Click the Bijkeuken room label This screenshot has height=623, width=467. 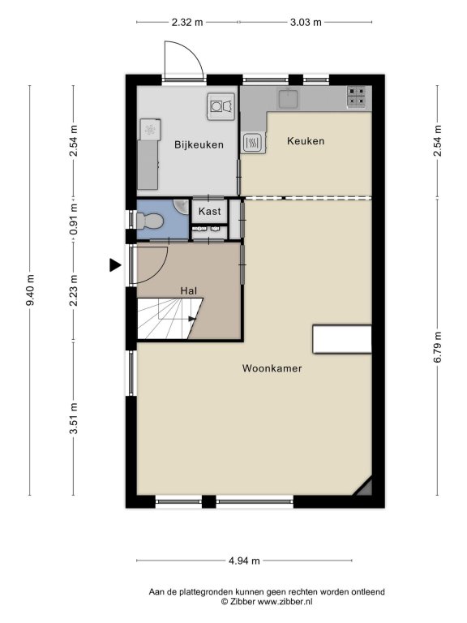pos(199,145)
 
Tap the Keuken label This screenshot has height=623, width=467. pos(306,141)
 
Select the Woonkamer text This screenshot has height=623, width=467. pos(272,368)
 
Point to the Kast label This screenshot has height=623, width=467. pos(210,212)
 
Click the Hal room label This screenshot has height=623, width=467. pos(189,291)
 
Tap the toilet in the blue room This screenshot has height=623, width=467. pos(149,221)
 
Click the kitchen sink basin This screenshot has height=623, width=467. pos(289,98)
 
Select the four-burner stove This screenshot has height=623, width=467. pos(356,97)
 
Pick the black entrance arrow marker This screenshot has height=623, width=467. pos(115,265)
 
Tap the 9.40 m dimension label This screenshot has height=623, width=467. pos(30,290)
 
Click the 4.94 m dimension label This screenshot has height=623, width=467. pos(244,561)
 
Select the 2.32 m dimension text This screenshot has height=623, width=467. pos(187,22)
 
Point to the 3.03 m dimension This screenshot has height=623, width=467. pos(306,22)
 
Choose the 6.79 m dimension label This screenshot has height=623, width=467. pos(438,347)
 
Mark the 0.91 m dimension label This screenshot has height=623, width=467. pos(74,219)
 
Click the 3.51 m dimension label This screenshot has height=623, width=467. pos(74,419)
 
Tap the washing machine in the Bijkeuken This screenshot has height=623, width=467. pos(221,106)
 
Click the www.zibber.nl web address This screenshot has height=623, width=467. pos(285,602)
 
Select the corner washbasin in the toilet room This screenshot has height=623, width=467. pos(182,206)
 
